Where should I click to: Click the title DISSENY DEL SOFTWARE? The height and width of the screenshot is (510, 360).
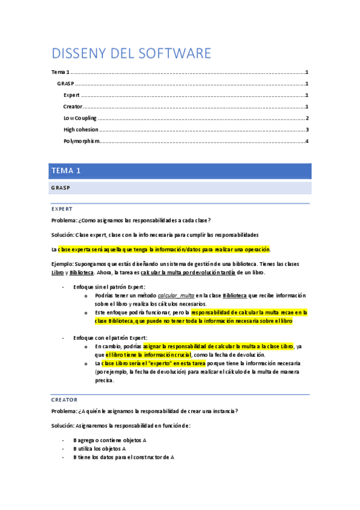(x=131, y=54)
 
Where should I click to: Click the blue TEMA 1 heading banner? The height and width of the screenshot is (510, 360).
(x=66, y=171)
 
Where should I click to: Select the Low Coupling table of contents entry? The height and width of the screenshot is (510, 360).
(x=80, y=118)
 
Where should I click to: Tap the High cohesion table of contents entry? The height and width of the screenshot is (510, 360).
(x=81, y=130)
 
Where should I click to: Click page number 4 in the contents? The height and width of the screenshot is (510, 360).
(x=307, y=141)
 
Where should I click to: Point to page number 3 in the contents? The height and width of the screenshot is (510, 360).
(x=307, y=130)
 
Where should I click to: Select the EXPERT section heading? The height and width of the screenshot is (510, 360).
(x=62, y=209)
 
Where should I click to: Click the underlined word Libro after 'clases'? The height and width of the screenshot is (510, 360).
(x=58, y=272)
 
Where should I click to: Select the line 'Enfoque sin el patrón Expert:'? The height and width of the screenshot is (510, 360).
(x=109, y=287)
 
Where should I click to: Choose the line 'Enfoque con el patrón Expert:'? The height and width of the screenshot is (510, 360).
(x=110, y=339)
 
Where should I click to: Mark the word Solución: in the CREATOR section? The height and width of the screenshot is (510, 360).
(x=63, y=426)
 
